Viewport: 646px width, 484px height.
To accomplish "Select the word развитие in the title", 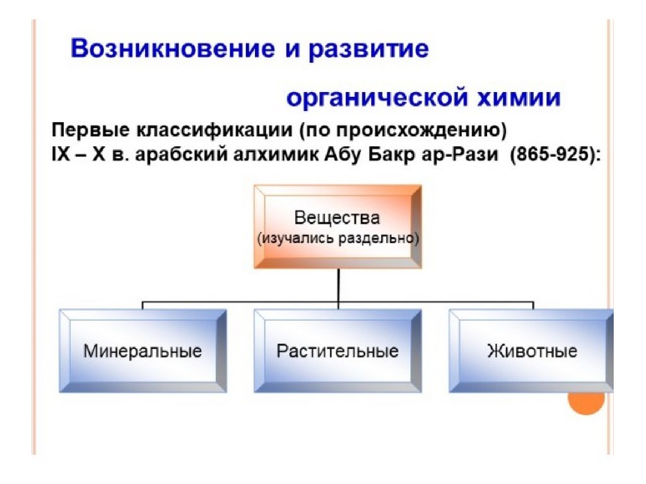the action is coord(369,49).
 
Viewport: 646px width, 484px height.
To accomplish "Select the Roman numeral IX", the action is coord(60,154).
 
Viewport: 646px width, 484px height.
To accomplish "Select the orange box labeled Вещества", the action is coord(338,227).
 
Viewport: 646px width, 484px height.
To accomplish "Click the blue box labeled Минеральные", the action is coord(143,350).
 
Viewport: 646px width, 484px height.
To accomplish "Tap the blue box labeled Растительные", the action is coord(338,350).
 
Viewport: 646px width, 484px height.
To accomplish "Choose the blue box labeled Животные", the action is coord(532,350).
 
